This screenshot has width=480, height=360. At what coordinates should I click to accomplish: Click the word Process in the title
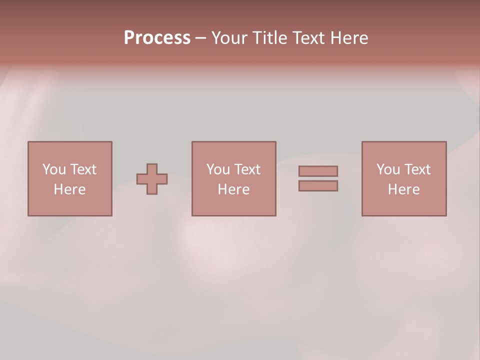click(157, 37)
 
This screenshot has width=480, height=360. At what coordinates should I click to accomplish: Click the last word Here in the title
click(349, 37)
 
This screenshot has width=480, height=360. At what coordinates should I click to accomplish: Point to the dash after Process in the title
click(201, 38)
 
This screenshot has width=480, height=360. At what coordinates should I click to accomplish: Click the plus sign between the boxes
click(152, 179)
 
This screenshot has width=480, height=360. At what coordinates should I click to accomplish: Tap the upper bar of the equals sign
click(318, 171)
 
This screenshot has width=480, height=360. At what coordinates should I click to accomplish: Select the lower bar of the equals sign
click(318, 186)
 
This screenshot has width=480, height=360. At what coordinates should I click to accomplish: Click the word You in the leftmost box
click(54, 169)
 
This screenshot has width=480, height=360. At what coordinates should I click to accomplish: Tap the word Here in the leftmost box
click(69, 189)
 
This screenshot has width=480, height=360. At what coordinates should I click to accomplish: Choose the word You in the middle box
click(218, 169)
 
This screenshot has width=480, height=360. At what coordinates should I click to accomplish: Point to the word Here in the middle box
click(233, 189)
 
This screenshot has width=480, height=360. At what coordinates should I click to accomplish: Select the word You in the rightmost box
click(388, 169)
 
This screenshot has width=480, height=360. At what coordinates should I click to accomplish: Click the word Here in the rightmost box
click(403, 189)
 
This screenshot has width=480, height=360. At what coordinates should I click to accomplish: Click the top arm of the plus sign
click(152, 169)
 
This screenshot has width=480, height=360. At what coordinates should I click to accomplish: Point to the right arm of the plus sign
click(162, 179)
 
